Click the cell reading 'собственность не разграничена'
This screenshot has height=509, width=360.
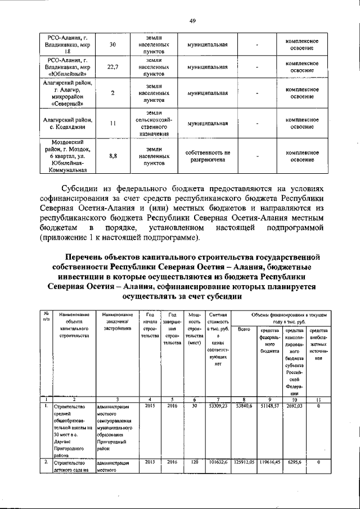coord(208,156)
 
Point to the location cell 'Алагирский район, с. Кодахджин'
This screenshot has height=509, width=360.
coord(63,123)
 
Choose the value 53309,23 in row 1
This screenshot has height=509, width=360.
coord(217,405)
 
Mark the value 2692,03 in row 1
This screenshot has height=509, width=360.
coord(294,405)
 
